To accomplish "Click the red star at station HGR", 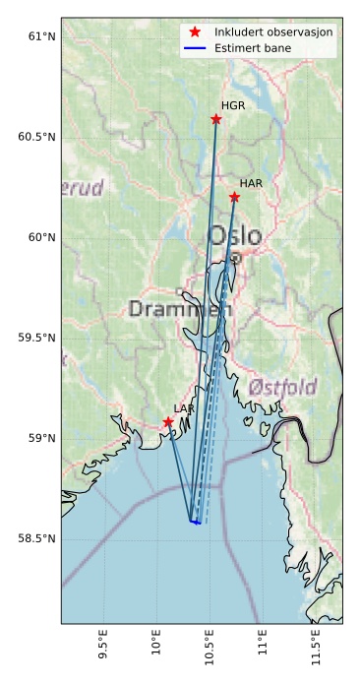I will point(216,119).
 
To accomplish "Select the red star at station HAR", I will point(234,197).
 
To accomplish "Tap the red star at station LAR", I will point(168,421).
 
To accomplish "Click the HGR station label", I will point(233,105).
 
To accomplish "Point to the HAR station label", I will point(251,184).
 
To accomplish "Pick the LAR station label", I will point(184,408).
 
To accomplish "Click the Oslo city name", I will point(235,236).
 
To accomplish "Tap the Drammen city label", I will point(180,309).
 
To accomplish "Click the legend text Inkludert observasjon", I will point(273,32).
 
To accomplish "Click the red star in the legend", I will point(194,32).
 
